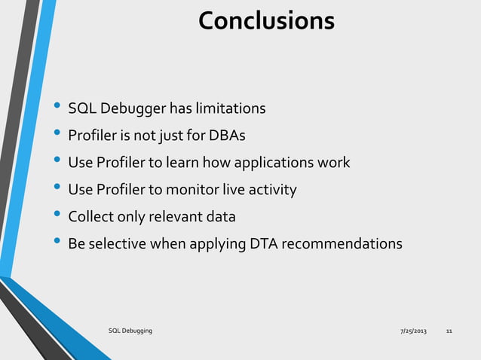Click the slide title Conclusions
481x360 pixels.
(266, 20)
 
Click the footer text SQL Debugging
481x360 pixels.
(130, 331)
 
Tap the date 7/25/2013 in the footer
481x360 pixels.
(412, 331)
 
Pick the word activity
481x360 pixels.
(277, 190)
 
